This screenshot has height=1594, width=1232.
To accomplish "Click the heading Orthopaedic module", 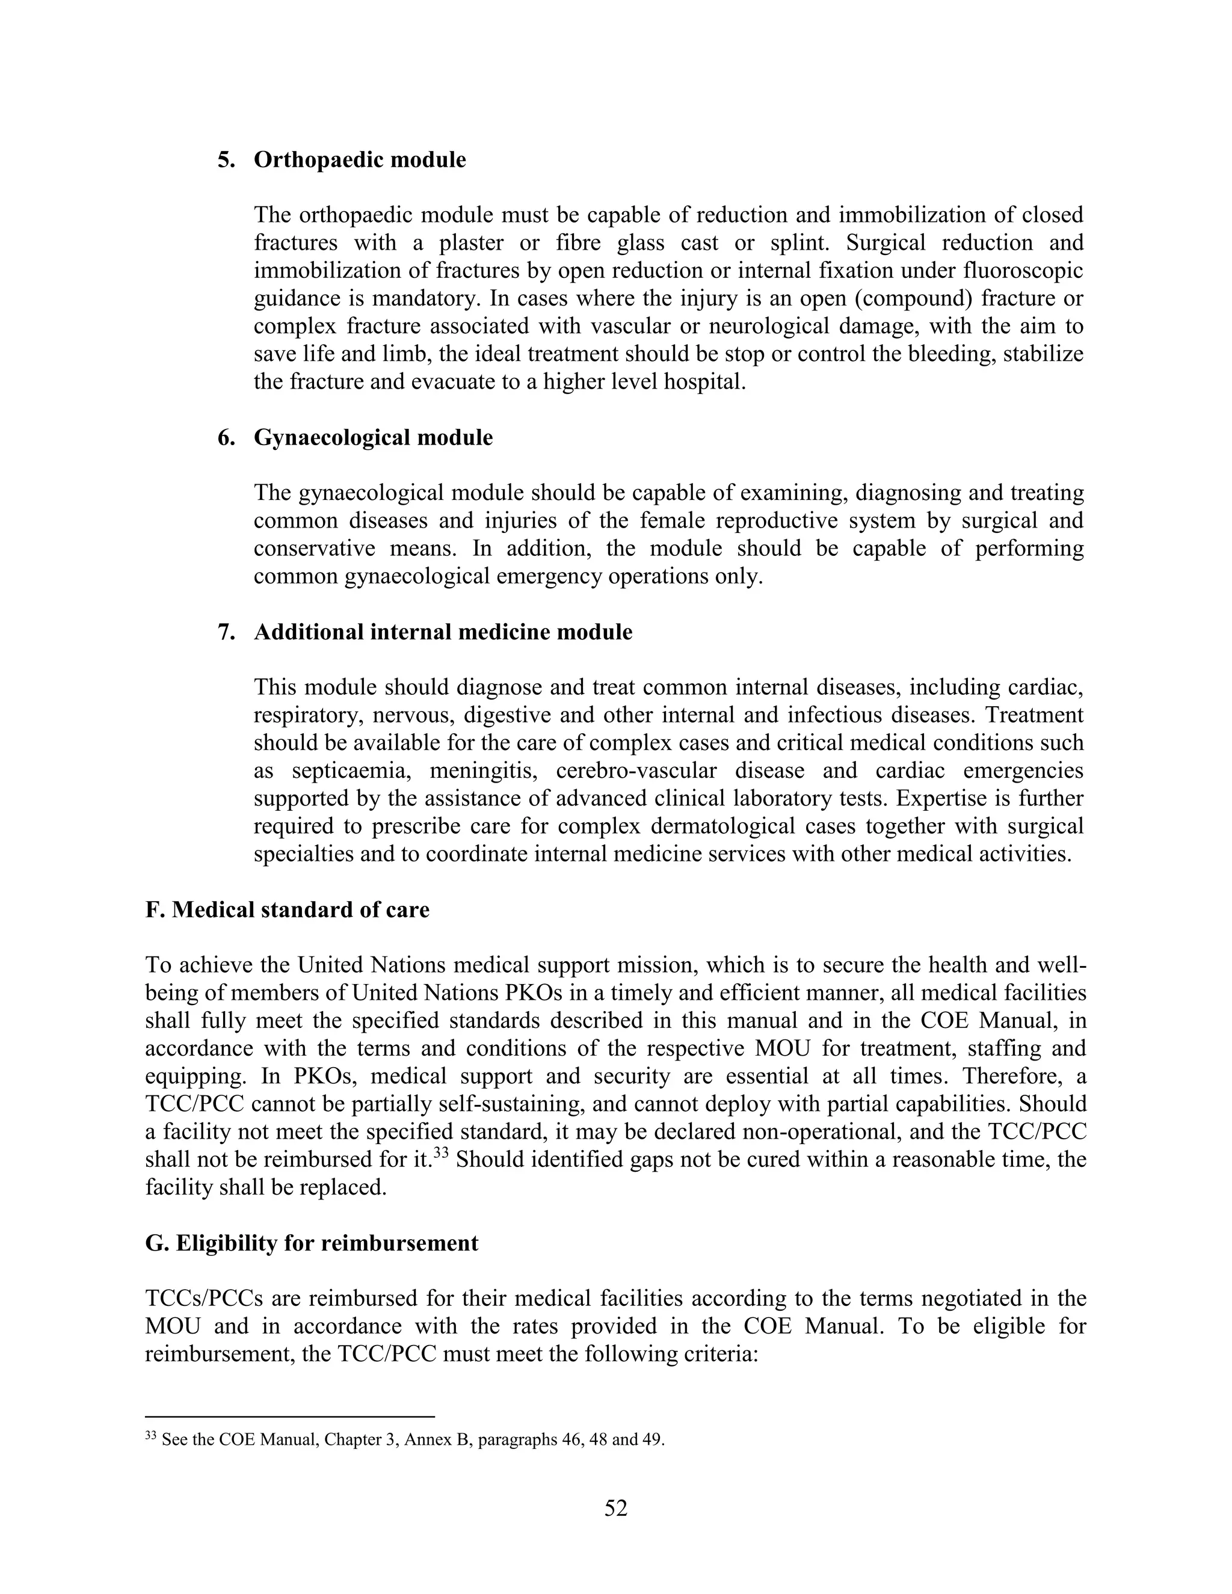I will click(x=359, y=160).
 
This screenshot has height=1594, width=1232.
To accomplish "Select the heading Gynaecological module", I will click(x=373, y=438).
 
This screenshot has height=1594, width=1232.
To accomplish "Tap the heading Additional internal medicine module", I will click(x=442, y=632).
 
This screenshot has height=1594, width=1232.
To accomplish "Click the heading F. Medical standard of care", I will click(x=287, y=910).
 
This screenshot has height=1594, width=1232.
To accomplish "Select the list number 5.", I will click(x=226, y=160).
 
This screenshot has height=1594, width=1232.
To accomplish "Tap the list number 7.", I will click(x=226, y=632).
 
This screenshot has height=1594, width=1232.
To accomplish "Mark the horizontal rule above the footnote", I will click(x=290, y=1417).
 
